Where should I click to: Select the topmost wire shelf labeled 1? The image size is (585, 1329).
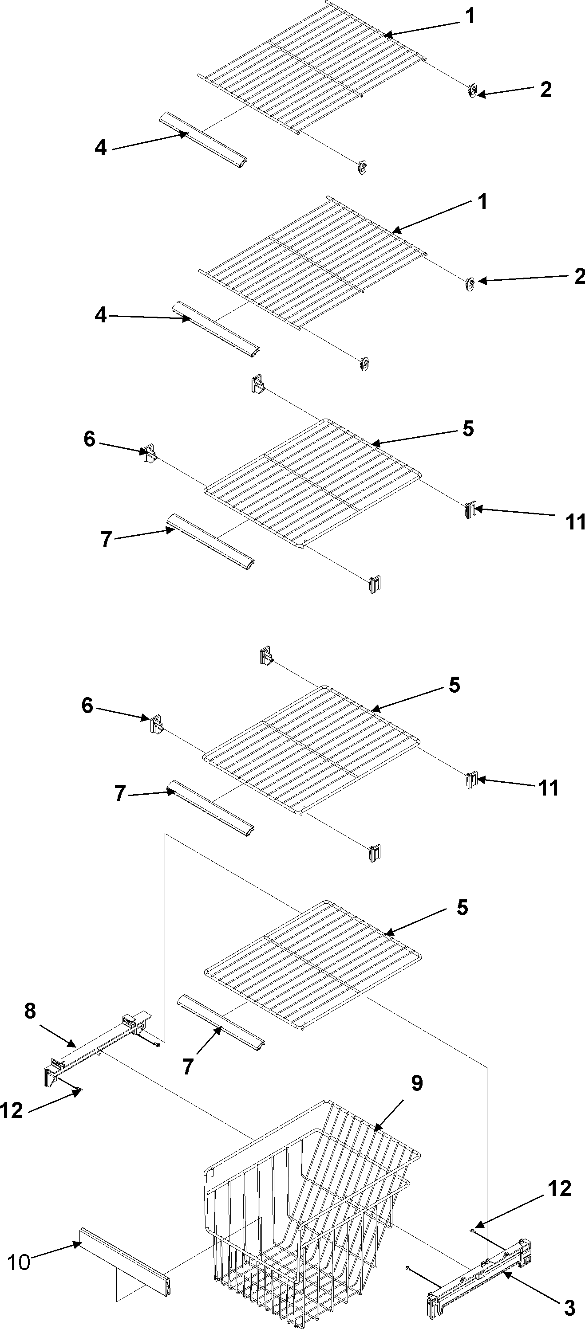310,67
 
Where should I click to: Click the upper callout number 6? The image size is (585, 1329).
89,439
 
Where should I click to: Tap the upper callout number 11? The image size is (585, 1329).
575,521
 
